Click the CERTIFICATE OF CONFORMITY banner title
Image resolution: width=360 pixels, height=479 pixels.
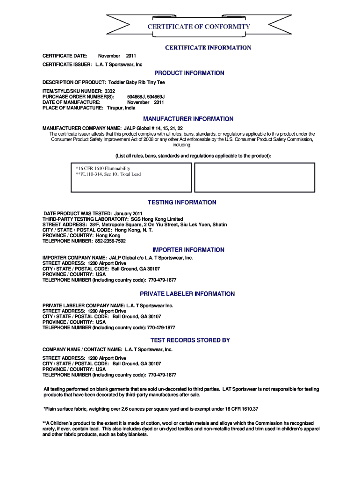pos(199,27)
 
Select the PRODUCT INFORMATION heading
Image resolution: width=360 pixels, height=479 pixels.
pos(189,73)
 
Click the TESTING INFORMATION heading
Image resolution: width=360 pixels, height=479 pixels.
pos(182,203)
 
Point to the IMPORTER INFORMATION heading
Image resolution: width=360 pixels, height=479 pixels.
pos(188,250)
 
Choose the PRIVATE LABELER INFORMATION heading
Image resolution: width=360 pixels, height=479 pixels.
pos(187,294)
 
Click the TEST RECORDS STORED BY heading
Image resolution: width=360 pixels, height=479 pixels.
pos(190,340)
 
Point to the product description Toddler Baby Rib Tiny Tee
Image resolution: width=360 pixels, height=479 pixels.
pos(137,82)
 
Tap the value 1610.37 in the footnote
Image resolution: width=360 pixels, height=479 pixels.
pos(248,408)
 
